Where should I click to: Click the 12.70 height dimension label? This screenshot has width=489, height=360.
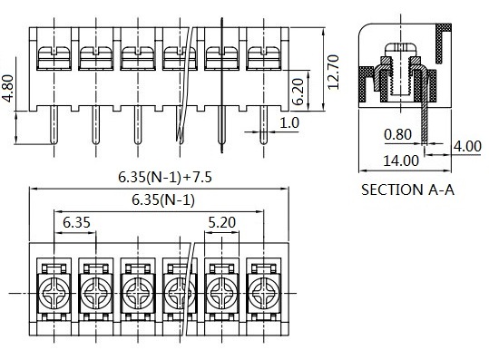coord(333,72)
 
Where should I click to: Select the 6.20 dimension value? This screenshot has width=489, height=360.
coord(298,92)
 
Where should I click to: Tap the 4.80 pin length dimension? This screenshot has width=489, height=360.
coord(7,88)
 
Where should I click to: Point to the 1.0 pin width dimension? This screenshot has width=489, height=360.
coord(289,122)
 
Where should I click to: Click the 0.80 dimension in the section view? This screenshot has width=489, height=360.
coord(398,134)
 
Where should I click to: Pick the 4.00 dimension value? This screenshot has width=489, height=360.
coord(467,146)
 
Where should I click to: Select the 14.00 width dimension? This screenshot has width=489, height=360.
coord(401,161)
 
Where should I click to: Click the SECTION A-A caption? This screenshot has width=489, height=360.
coord(407,190)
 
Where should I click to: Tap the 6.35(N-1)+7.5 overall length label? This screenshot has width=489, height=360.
coord(165,177)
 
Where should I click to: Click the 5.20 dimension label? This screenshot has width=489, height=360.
coord(221,222)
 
